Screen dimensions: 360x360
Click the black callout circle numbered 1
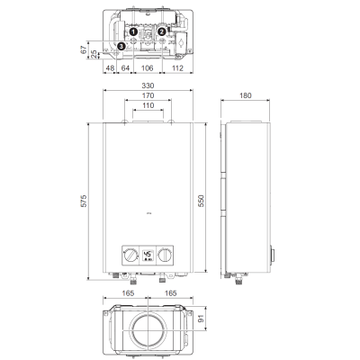click(x=133, y=31)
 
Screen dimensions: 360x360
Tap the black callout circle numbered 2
click(x=162, y=31)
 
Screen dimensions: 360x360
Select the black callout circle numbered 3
click(x=121, y=46)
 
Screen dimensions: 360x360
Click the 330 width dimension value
click(x=148, y=85)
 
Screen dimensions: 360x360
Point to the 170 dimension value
click(x=148, y=95)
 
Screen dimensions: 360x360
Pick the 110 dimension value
click(x=148, y=105)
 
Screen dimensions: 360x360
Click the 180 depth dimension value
click(x=246, y=95)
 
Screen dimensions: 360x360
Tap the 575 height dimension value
click(x=85, y=201)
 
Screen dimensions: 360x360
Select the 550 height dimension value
click(x=201, y=201)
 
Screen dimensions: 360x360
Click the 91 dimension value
click(x=201, y=319)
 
